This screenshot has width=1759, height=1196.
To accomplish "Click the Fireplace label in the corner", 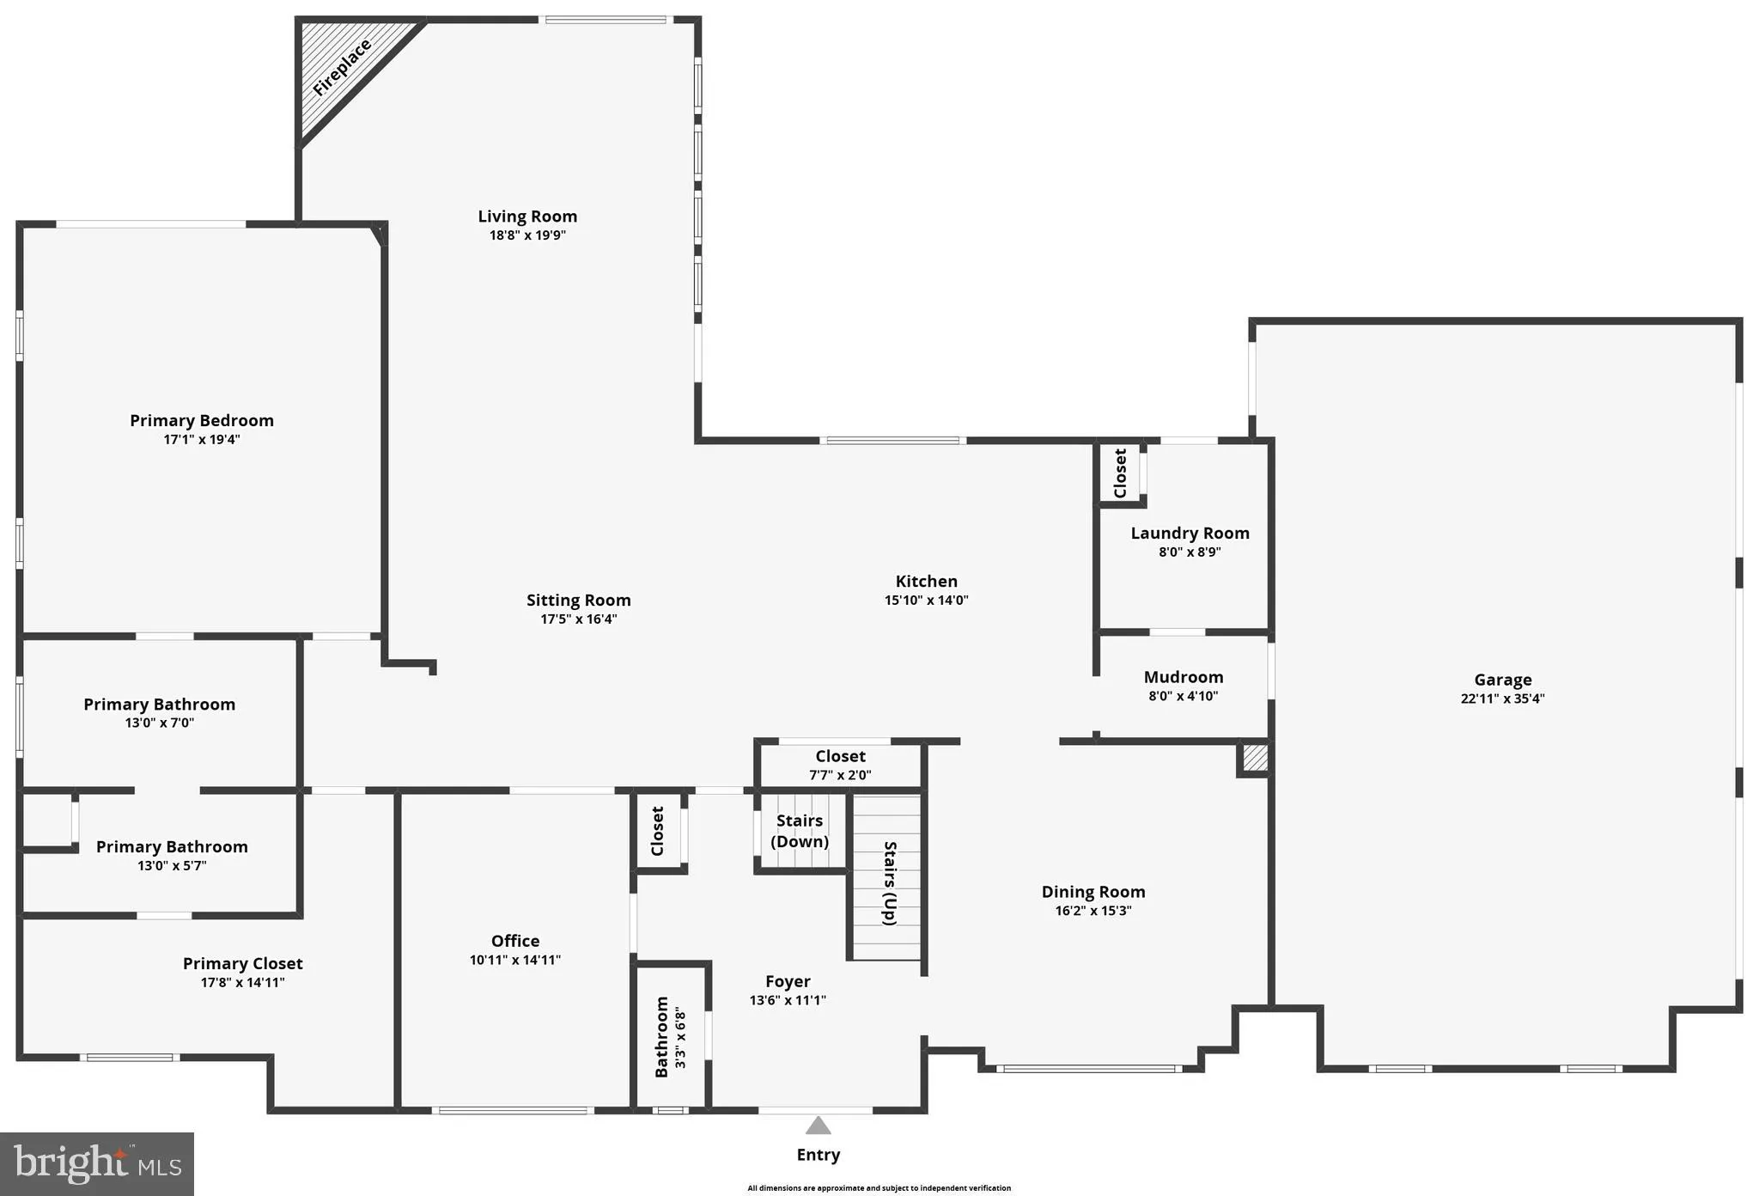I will pyautogui.click(x=342, y=68).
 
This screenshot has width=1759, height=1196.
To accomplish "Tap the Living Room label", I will pyautogui.click(x=527, y=217).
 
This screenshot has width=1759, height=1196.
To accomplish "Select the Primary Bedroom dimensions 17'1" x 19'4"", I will pyautogui.click(x=202, y=440).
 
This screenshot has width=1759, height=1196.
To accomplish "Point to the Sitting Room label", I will pyautogui.click(x=578, y=600).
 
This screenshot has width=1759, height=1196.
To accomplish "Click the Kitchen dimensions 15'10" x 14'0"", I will pyautogui.click(x=926, y=601).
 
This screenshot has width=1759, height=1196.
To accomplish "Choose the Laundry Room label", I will pyautogui.click(x=1190, y=533).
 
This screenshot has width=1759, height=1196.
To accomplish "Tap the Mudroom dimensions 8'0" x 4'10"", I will pyautogui.click(x=1184, y=696).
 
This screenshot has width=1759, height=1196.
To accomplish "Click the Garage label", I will pyautogui.click(x=1502, y=680).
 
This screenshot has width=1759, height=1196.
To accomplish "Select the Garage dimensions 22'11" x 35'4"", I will pyautogui.click(x=1502, y=699).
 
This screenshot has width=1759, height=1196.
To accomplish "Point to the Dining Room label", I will pyautogui.click(x=1093, y=892).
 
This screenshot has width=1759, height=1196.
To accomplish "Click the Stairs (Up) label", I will pyautogui.click(x=890, y=882).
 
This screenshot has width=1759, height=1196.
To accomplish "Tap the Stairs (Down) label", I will pyautogui.click(x=800, y=831).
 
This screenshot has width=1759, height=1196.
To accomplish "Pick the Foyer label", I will pyautogui.click(x=788, y=981).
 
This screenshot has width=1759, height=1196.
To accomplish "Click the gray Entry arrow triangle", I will pyautogui.click(x=818, y=1126).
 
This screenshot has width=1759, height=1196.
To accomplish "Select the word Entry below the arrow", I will pyautogui.click(x=818, y=1155).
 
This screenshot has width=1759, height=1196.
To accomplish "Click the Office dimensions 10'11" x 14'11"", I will pyautogui.click(x=514, y=960).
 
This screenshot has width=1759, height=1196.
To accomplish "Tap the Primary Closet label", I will pyautogui.click(x=242, y=963).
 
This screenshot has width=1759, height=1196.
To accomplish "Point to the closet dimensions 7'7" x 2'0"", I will pyautogui.click(x=840, y=775).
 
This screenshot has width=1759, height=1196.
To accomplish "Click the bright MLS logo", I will pyautogui.click(x=97, y=1164).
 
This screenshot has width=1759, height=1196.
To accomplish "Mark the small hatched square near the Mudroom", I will pyautogui.click(x=1255, y=758).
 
